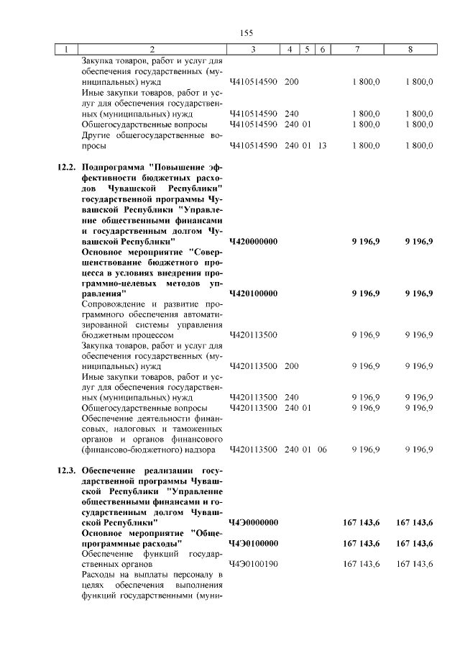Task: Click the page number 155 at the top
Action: click(247, 32)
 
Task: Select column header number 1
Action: click(66, 49)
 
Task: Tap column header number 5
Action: click(307, 49)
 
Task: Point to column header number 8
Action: click(410, 49)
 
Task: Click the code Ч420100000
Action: click(253, 294)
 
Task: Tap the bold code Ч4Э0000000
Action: click(253, 522)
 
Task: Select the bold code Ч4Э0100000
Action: click(253, 543)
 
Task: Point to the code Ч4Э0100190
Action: click(253, 565)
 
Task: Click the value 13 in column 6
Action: click(322, 146)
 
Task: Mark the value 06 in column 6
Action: click(322, 450)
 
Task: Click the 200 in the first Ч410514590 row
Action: click(291, 82)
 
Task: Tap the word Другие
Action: click(95, 135)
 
